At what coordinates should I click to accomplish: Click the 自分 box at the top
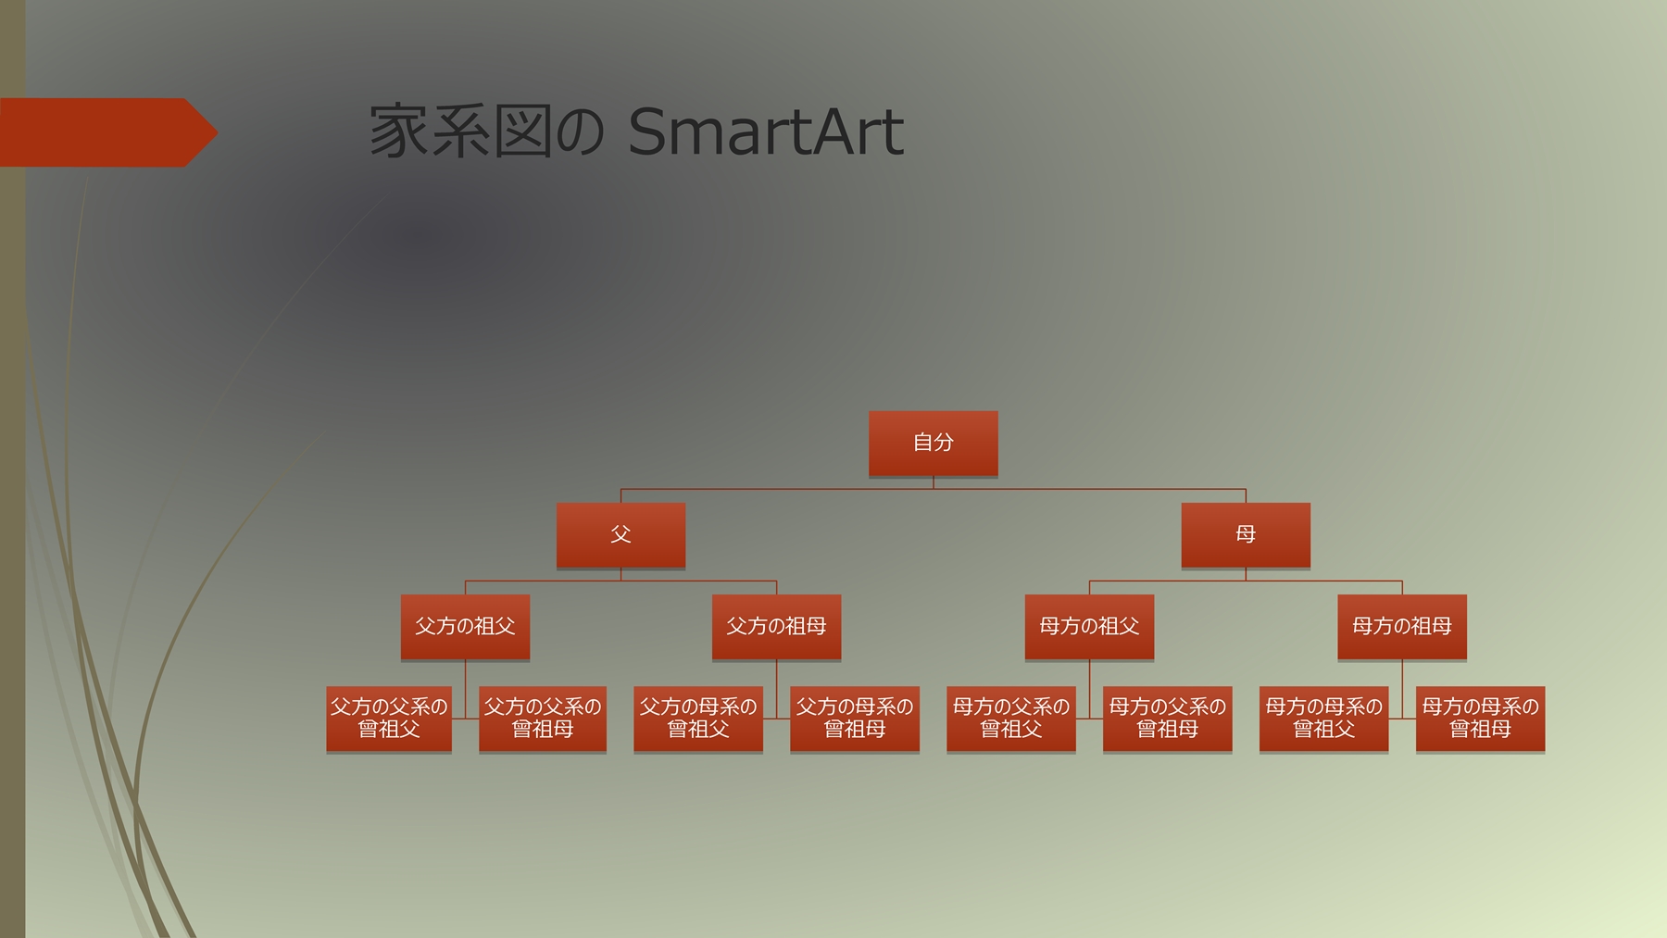point(933,443)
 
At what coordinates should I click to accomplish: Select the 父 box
point(620,534)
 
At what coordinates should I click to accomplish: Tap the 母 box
point(1246,534)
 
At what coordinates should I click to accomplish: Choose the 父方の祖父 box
point(465,626)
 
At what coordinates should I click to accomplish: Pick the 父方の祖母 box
point(776,626)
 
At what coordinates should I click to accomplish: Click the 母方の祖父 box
point(1089,626)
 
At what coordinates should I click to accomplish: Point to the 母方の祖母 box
point(1401,626)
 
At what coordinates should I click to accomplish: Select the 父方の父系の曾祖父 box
point(389,718)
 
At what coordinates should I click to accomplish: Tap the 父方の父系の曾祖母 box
point(543,718)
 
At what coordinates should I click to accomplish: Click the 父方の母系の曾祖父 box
point(698,718)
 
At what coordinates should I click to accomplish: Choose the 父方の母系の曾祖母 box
point(855,718)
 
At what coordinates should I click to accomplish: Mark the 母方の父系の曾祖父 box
point(1011,718)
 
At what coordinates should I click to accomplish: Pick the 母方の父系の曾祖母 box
point(1167,718)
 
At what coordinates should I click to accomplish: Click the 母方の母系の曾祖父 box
point(1323,718)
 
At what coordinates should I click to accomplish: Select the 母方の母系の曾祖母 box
point(1480,718)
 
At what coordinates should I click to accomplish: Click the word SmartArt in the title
point(765,132)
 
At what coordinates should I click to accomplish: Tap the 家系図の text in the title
point(486,132)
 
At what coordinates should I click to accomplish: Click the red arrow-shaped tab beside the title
point(107,132)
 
